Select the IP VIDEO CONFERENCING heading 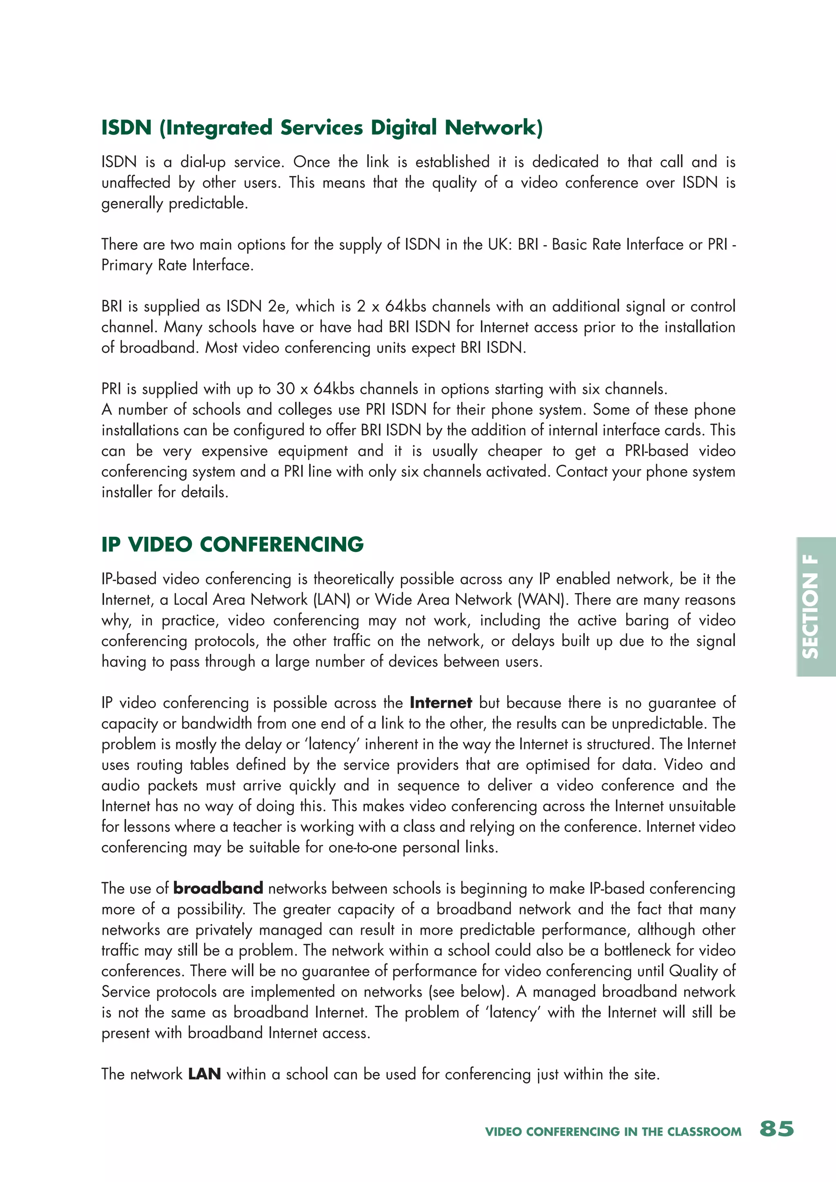coord(232,544)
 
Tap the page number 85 coord(777,1129)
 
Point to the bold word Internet coord(440,703)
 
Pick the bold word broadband coord(218,888)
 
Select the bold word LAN coord(204,1074)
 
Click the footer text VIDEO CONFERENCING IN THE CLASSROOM coord(613,1131)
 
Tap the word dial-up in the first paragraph coord(202,162)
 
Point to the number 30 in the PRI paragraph coord(285,389)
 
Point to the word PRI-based coord(656,451)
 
